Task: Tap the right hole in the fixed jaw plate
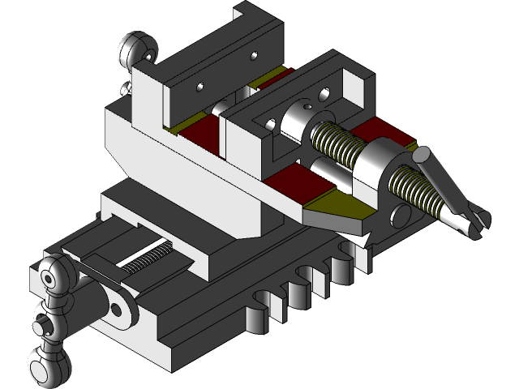[254, 56]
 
